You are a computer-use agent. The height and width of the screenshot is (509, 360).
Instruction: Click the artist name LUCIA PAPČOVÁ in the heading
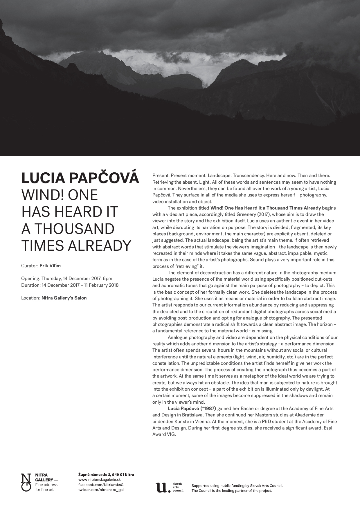(x=80, y=178)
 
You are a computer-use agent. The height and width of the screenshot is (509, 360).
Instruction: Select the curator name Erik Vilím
(x=50, y=266)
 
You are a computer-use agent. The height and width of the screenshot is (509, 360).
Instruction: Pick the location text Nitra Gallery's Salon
(x=64, y=298)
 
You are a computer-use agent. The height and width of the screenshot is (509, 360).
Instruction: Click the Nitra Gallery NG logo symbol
(x=26, y=482)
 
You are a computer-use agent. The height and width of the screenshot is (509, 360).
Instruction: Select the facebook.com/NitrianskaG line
(x=99, y=485)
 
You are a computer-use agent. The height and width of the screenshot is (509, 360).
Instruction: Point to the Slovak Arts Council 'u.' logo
(x=163, y=488)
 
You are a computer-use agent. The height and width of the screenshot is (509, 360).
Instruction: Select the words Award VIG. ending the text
(x=164, y=434)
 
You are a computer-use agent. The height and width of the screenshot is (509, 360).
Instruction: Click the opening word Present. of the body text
(x=161, y=176)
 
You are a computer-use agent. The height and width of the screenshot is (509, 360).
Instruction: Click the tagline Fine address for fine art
(x=46, y=487)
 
